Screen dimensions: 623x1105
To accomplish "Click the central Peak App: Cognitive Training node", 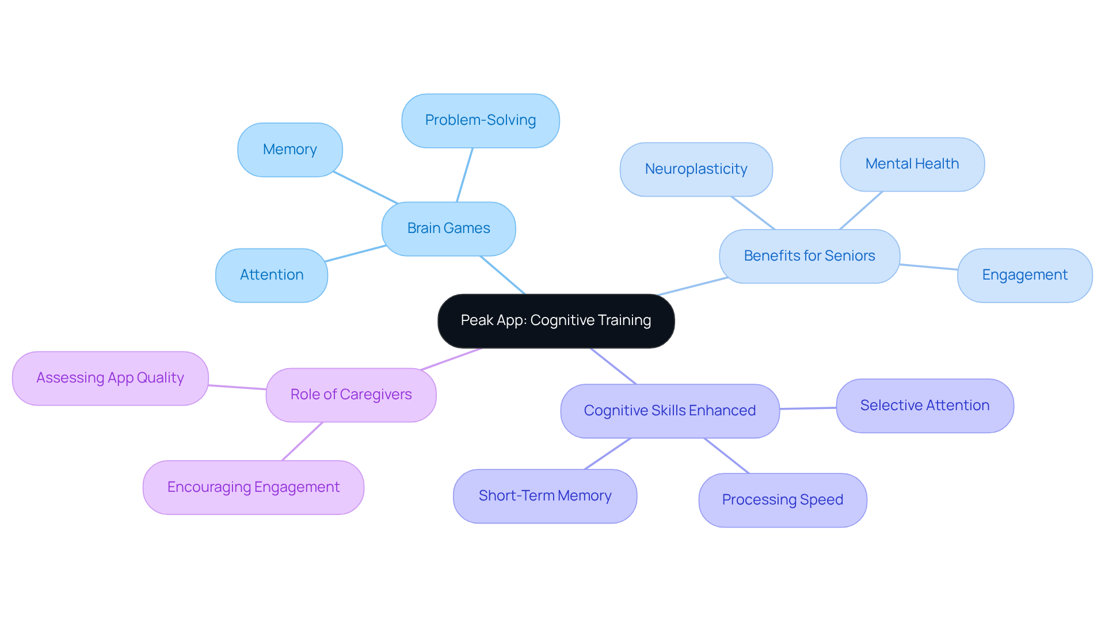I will click(x=556, y=320).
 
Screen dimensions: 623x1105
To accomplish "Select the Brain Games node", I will click(x=448, y=228).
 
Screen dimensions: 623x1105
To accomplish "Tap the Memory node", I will click(x=289, y=150).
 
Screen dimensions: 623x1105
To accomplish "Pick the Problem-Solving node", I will click(x=480, y=120).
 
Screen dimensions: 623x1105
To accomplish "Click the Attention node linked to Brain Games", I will click(x=271, y=275).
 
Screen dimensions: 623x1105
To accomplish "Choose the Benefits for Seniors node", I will click(x=809, y=256).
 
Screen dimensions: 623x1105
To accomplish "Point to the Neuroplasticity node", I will click(x=696, y=169).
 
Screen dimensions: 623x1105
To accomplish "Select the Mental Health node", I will click(x=912, y=164).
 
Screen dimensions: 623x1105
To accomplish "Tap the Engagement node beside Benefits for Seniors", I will click(x=1024, y=275).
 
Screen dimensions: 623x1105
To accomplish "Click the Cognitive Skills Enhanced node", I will click(x=669, y=411).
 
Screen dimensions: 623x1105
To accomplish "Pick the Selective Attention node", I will click(x=924, y=406).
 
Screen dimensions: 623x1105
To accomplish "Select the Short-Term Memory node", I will click(x=544, y=496).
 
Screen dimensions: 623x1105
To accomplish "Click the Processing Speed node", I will click(x=782, y=500).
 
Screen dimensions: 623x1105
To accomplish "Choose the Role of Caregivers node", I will click(x=350, y=395).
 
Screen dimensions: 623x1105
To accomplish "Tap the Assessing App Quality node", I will click(x=110, y=378).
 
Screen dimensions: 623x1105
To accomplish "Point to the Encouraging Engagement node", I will click(x=253, y=487).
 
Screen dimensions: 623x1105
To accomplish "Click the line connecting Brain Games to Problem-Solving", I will click(x=465, y=175).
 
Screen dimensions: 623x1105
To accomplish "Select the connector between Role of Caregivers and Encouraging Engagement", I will click(x=302, y=441).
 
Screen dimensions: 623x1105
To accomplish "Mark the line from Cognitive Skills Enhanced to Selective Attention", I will click(x=808, y=408).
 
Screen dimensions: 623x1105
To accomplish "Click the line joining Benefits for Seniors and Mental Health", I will click(x=861, y=211).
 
